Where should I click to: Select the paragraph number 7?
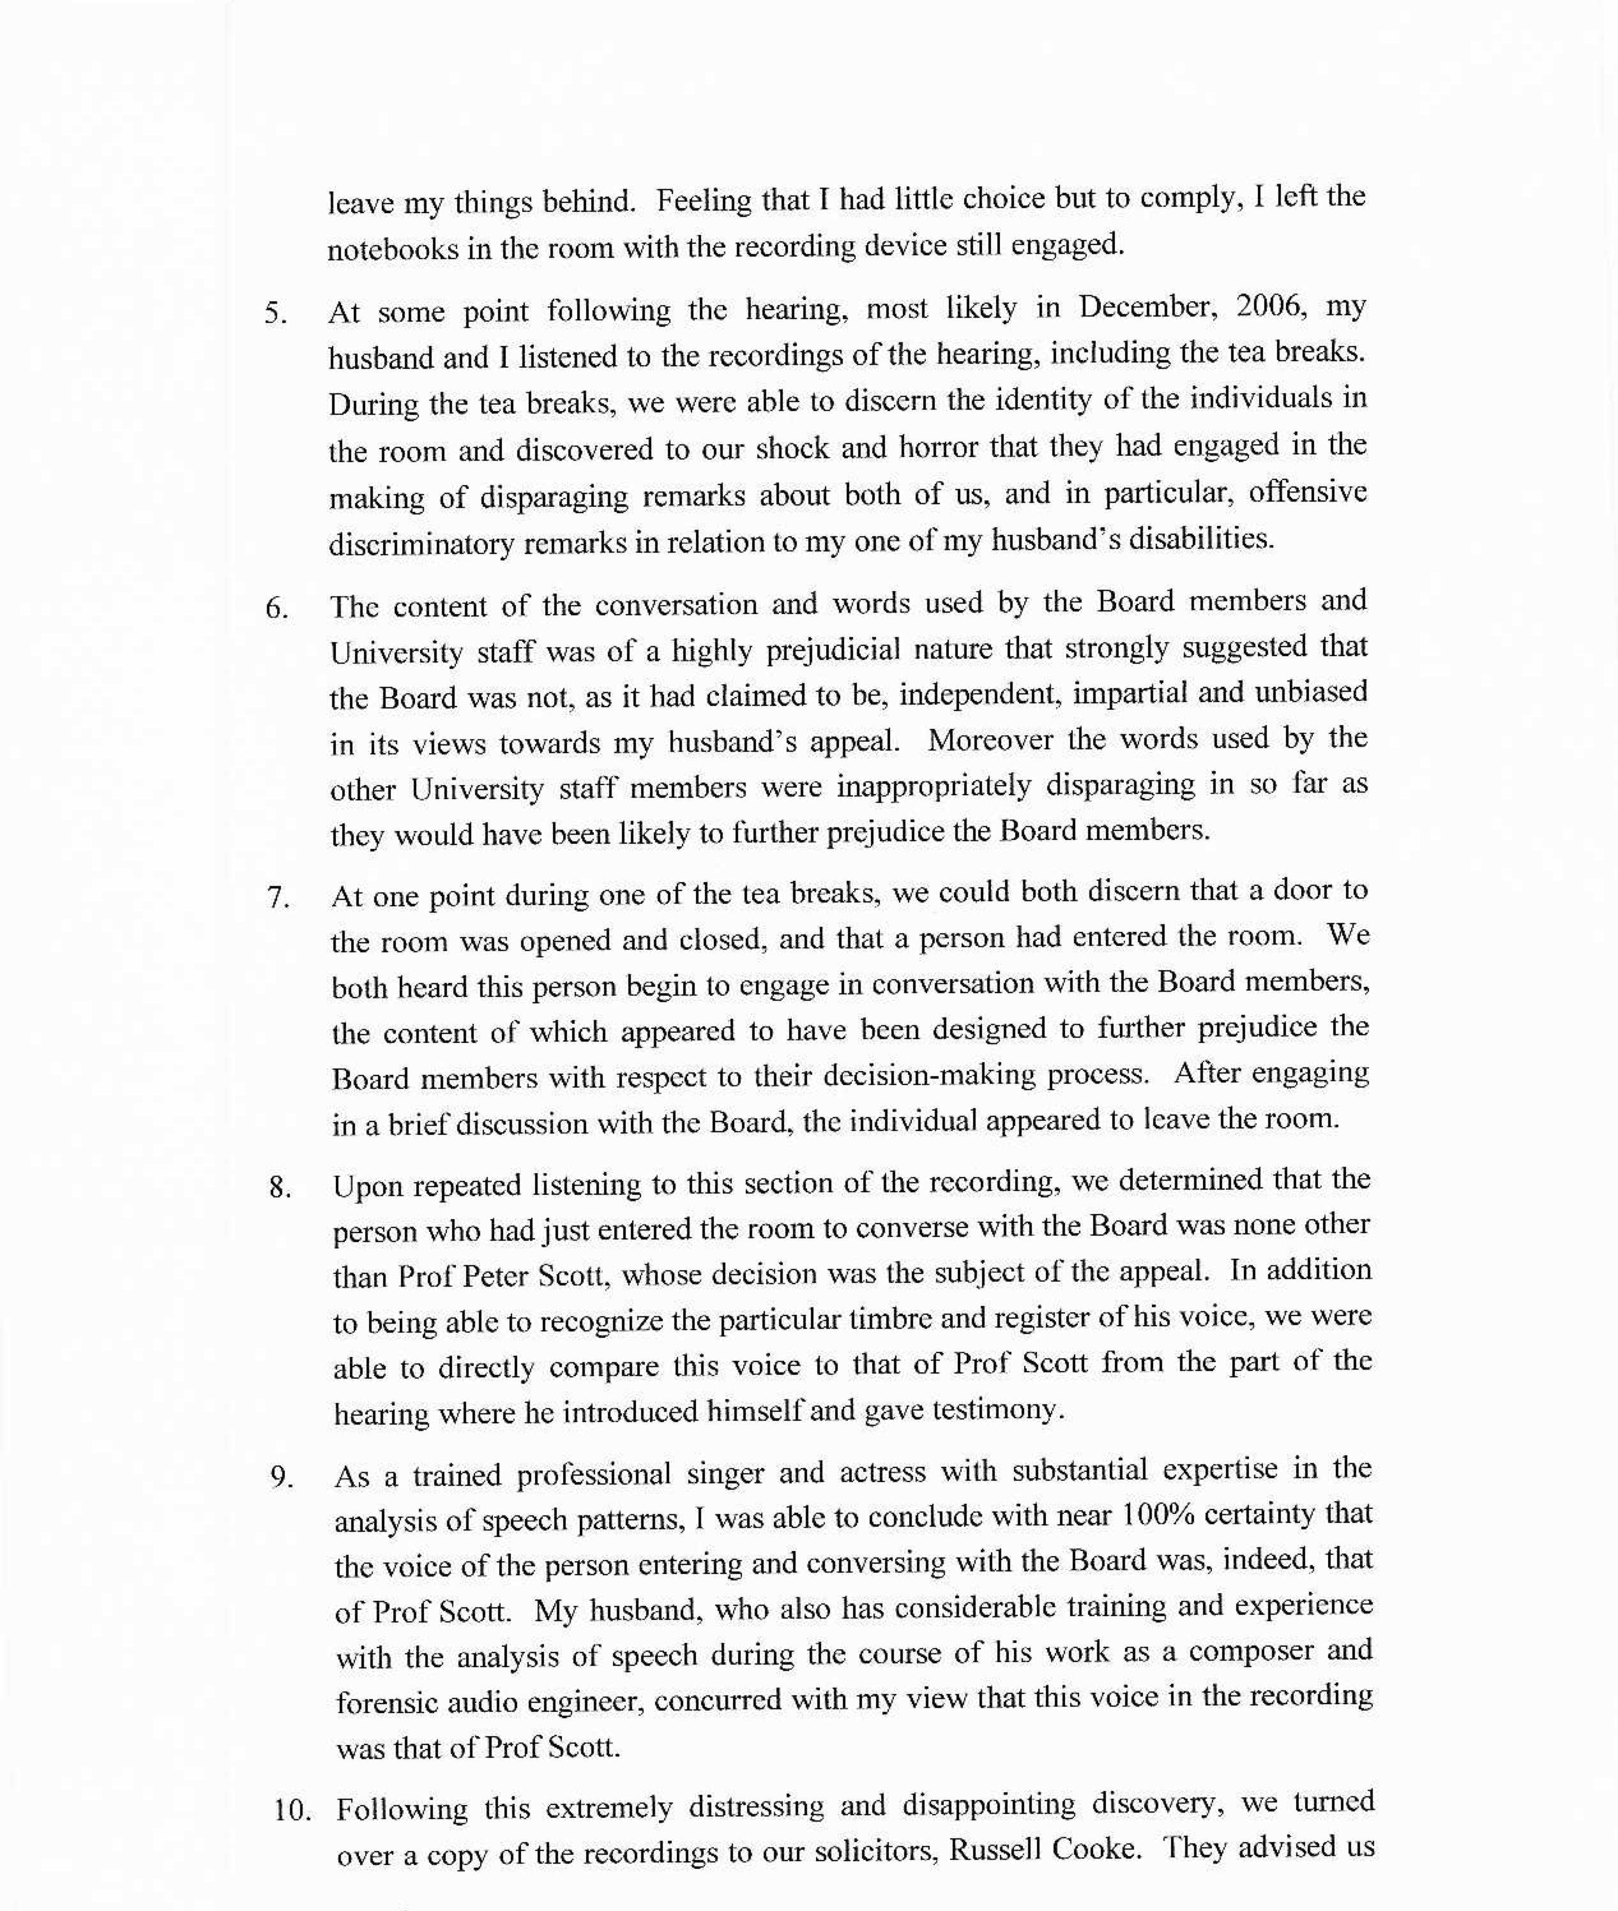[x=278, y=897]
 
